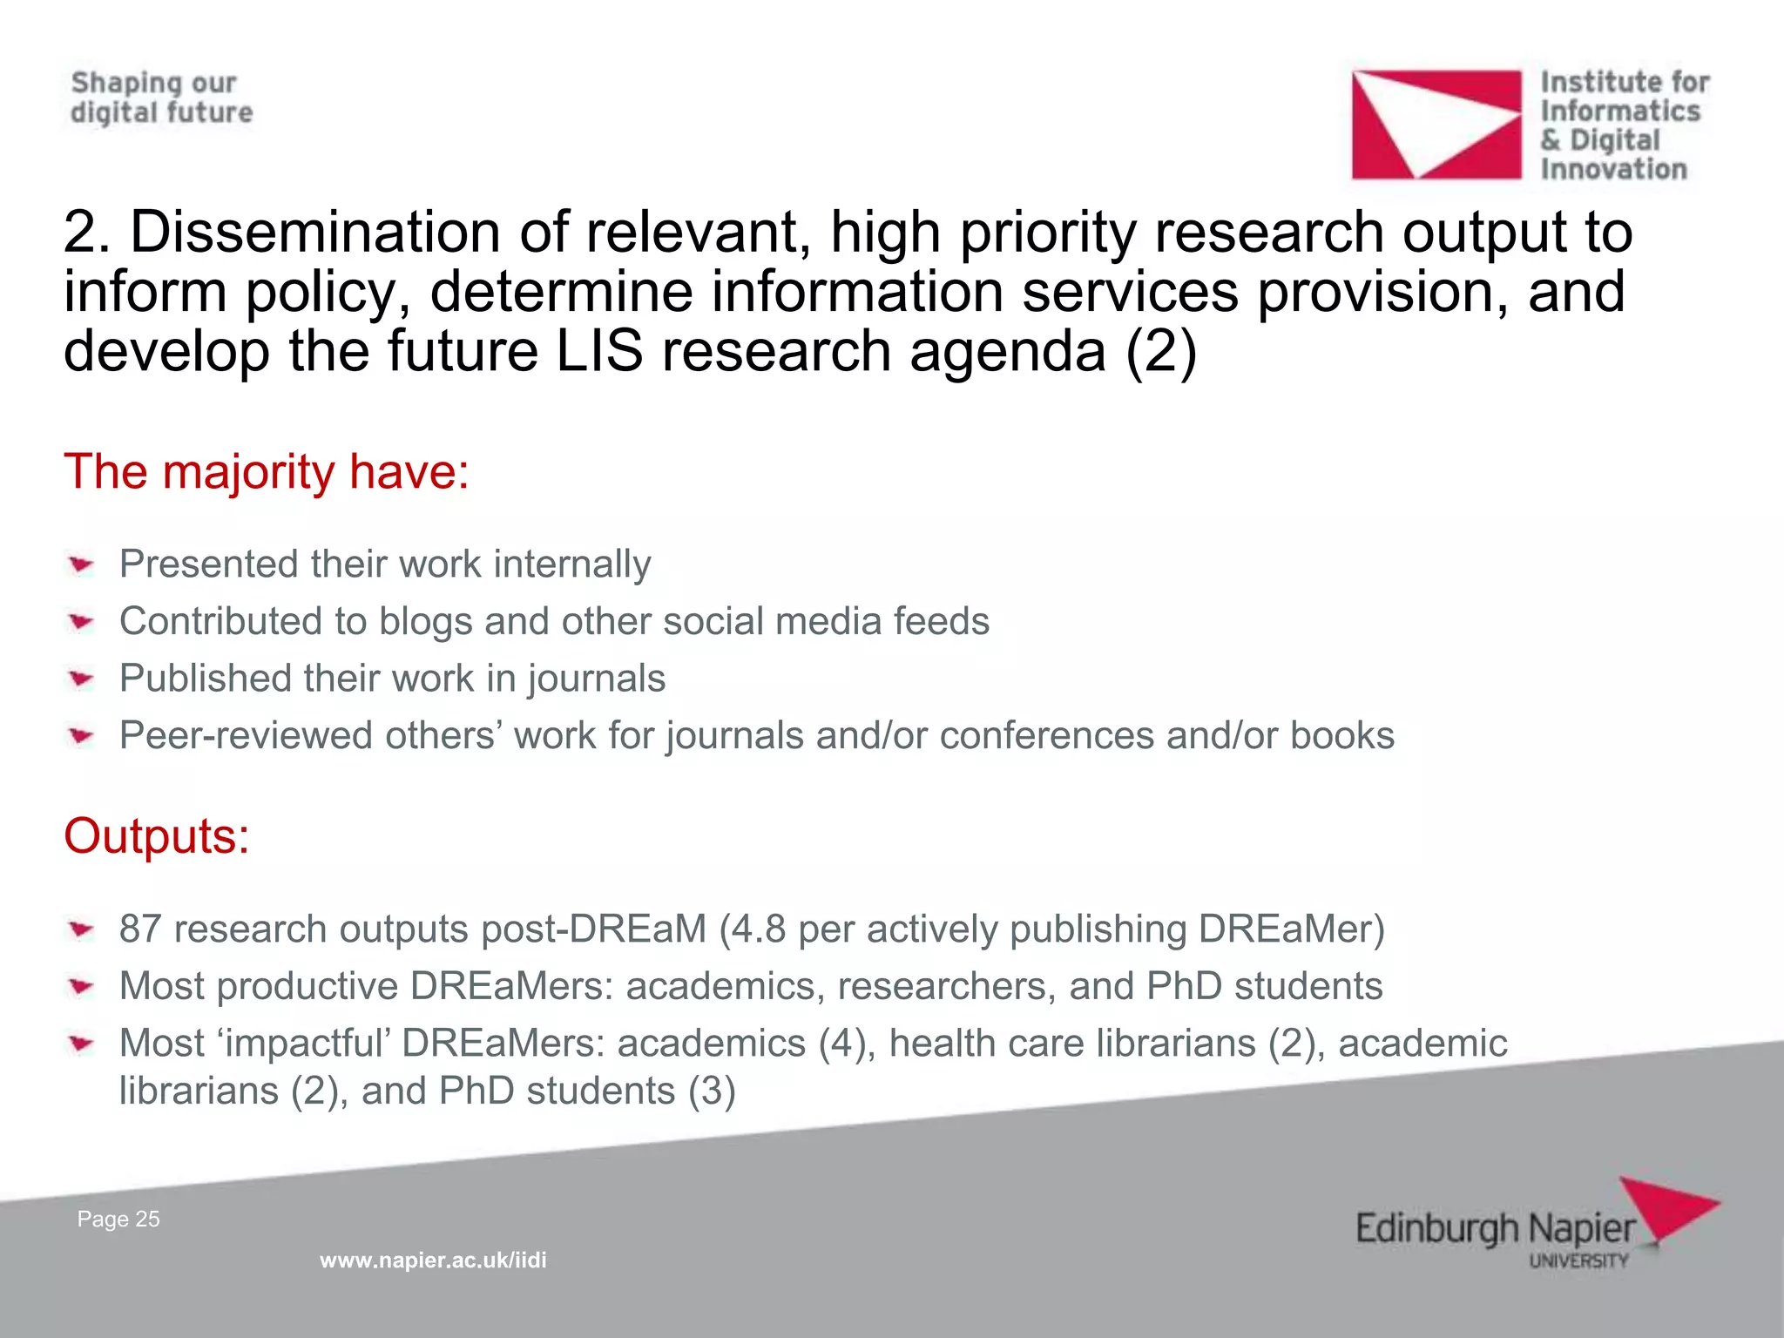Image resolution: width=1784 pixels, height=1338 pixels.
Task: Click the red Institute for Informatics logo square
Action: click(x=1436, y=125)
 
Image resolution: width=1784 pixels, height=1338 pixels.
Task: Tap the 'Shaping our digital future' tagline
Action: click(x=161, y=98)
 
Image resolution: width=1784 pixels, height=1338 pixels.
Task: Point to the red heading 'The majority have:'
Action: click(x=267, y=472)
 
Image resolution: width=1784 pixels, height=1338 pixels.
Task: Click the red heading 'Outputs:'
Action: click(x=157, y=836)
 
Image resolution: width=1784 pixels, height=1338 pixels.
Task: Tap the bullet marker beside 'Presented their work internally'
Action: click(x=82, y=565)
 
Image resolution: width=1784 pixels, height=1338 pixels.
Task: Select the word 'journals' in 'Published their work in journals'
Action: click(x=596, y=679)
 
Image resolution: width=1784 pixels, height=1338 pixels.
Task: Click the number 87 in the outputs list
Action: click(x=140, y=929)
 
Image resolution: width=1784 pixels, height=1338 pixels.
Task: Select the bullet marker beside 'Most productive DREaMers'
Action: click(x=82, y=987)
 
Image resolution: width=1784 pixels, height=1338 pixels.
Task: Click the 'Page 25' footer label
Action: click(x=118, y=1220)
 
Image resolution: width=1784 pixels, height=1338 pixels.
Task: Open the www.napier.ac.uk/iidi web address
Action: click(x=433, y=1260)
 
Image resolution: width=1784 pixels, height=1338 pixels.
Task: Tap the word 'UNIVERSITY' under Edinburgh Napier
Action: click(x=1578, y=1260)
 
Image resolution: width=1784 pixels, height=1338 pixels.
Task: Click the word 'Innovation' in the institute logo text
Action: click(x=1613, y=169)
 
